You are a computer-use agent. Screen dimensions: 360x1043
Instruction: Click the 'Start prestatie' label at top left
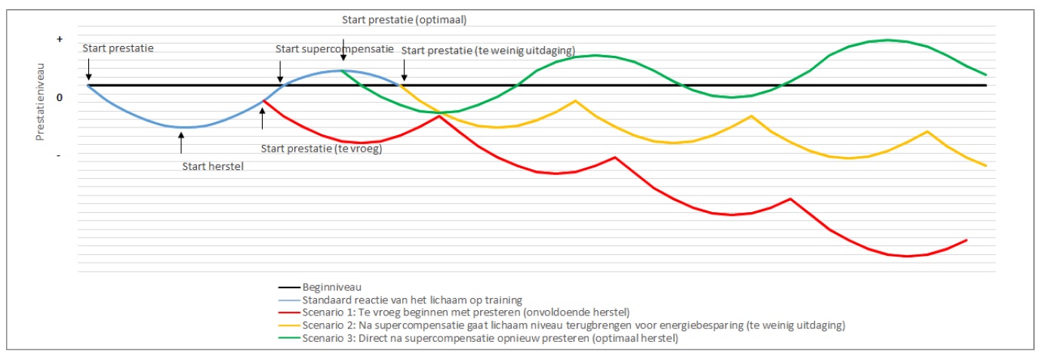118,49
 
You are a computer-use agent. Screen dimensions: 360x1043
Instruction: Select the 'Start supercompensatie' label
334,49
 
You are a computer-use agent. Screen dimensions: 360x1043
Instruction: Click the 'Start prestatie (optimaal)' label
398,20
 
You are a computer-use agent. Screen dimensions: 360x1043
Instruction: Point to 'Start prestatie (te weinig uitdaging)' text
488,51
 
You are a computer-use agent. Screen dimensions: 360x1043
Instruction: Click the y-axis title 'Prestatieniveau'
40,102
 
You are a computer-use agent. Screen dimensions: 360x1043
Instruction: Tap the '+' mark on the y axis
60,38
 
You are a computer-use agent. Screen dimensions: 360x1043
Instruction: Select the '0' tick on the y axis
60,97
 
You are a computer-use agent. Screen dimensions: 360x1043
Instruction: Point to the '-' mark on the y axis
60,155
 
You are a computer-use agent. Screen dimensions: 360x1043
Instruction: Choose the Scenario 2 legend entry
561,325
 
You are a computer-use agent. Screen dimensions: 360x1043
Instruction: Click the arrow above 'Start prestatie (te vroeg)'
262,118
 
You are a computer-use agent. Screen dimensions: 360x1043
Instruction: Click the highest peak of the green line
888,40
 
